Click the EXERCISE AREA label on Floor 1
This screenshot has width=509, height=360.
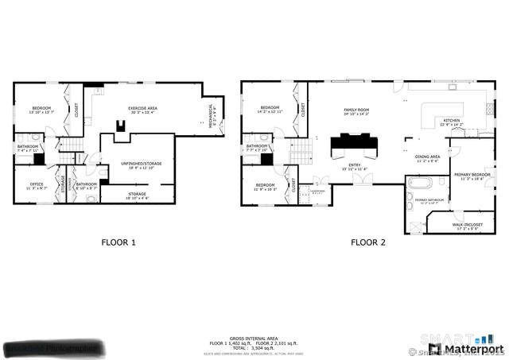point(143,110)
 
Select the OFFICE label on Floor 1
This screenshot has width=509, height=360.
point(37,186)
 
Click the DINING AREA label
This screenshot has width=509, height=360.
point(428,158)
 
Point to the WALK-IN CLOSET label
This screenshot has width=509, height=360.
point(468,226)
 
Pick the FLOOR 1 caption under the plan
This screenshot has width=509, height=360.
point(118,242)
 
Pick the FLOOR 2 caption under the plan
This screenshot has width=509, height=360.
point(367,242)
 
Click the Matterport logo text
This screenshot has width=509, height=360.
point(474,348)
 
